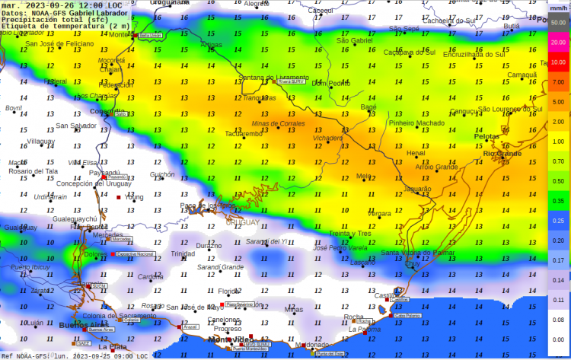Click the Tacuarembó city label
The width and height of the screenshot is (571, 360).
[243, 134]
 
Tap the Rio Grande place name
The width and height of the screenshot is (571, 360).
[502, 153]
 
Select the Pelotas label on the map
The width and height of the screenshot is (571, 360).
[488, 137]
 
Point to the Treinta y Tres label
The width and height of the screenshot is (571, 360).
[349, 234]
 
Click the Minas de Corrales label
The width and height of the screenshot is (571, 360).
[278, 123]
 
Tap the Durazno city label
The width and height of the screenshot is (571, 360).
[209, 246]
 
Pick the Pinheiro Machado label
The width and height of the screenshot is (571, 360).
[416, 123]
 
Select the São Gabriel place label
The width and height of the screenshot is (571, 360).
[355, 40]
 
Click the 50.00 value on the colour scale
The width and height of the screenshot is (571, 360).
[558, 23]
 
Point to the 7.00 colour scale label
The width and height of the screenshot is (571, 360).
[558, 82]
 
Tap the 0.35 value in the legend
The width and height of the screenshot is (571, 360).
[558, 201]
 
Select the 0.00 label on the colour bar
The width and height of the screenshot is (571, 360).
[558, 339]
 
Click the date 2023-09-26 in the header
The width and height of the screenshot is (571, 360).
[54, 5]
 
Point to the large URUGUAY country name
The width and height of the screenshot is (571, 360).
[241, 222]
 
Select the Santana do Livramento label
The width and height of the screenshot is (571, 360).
[273, 78]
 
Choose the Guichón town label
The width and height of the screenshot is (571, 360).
[162, 174]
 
